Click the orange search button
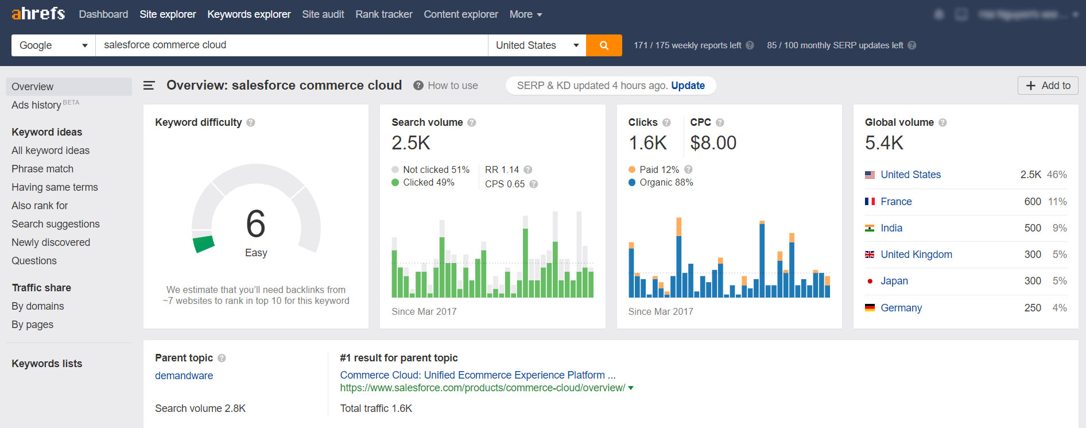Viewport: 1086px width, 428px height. pyautogui.click(x=604, y=45)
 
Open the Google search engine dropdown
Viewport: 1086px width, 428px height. pyautogui.click(x=53, y=45)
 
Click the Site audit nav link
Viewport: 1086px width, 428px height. pyautogui.click(x=323, y=14)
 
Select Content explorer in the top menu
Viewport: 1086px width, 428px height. pyautogui.click(x=460, y=14)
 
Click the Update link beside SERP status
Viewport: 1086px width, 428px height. pyautogui.click(x=688, y=86)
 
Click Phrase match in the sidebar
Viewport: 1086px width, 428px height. pyautogui.click(x=42, y=169)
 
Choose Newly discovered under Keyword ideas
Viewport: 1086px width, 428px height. pyautogui.click(x=51, y=242)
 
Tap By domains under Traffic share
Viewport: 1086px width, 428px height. pyautogui.click(x=38, y=306)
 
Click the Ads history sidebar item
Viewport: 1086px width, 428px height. pyautogui.click(x=36, y=105)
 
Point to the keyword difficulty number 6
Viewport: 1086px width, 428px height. pyautogui.click(x=255, y=224)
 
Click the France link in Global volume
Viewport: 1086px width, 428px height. pyautogui.click(x=896, y=202)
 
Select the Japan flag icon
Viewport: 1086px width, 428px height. pyautogui.click(x=870, y=281)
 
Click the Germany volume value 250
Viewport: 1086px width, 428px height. pyautogui.click(x=1032, y=308)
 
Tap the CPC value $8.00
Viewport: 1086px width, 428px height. pyautogui.click(x=713, y=143)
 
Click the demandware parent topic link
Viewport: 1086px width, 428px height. pyautogui.click(x=184, y=376)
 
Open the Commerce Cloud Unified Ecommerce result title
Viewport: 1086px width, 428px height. pyautogui.click(x=478, y=375)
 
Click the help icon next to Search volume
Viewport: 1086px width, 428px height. pyautogui.click(x=472, y=122)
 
